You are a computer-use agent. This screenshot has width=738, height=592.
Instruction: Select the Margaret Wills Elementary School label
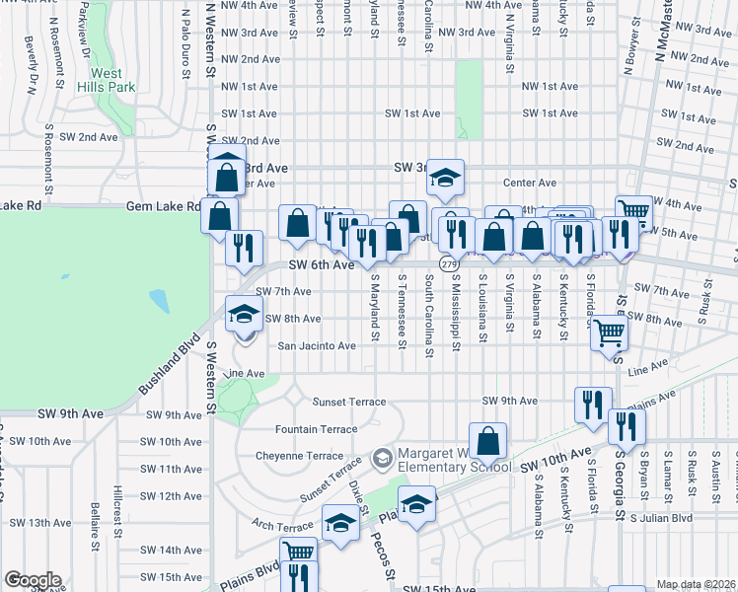[x=450, y=460]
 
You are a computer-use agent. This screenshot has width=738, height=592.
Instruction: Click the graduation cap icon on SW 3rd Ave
[x=445, y=178]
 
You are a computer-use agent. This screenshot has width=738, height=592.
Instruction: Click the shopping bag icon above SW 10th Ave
[x=486, y=440]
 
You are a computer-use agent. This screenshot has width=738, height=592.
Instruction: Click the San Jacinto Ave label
[x=316, y=346]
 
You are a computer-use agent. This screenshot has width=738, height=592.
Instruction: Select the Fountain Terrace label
[x=316, y=429]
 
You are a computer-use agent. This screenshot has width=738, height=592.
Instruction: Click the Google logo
[x=33, y=580]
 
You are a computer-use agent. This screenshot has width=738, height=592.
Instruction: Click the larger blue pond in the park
[x=159, y=299]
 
